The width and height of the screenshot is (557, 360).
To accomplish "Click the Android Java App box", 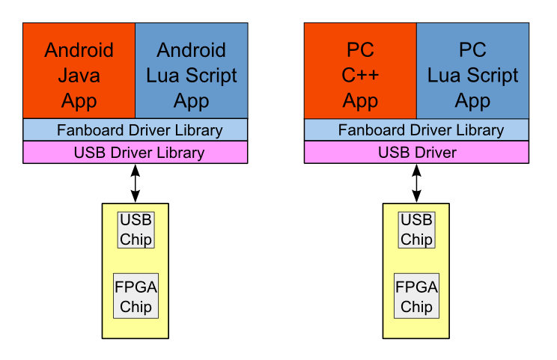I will pyautogui.click(x=79, y=70).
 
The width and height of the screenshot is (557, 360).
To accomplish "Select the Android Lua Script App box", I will pyautogui.click(x=191, y=70).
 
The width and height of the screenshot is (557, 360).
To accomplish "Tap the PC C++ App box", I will pyautogui.click(x=360, y=70).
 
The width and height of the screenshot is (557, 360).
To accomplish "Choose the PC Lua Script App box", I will pyautogui.click(x=472, y=70).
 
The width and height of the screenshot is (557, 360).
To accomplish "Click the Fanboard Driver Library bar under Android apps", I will pyautogui.click(x=136, y=130).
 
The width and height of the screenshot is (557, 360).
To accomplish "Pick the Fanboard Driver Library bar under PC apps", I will pyautogui.click(x=416, y=130).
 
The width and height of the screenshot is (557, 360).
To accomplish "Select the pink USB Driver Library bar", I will pyautogui.click(x=136, y=153).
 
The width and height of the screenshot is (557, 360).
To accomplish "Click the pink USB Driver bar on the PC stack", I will pyautogui.click(x=416, y=153).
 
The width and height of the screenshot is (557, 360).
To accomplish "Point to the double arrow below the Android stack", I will pyautogui.click(x=136, y=183).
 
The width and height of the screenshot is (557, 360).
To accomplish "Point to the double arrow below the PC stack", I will pyautogui.click(x=416, y=183).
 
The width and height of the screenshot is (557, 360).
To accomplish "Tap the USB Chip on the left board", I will pyautogui.click(x=136, y=230).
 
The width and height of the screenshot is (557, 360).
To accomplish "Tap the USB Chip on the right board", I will pyautogui.click(x=416, y=230).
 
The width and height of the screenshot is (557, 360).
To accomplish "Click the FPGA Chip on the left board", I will pyautogui.click(x=136, y=296).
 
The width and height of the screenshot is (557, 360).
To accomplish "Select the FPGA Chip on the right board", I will pyautogui.click(x=416, y=296).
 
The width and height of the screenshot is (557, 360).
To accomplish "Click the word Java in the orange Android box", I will pyautogui.click(x=79, y=76).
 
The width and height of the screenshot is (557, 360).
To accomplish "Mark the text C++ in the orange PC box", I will pyautogui.click(x=360, y=76).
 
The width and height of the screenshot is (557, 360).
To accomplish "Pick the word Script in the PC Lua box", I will pyautogui.click(x=490, y=76).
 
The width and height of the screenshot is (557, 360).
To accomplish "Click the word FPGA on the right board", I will pyautogui.click(x=416, y=287).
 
